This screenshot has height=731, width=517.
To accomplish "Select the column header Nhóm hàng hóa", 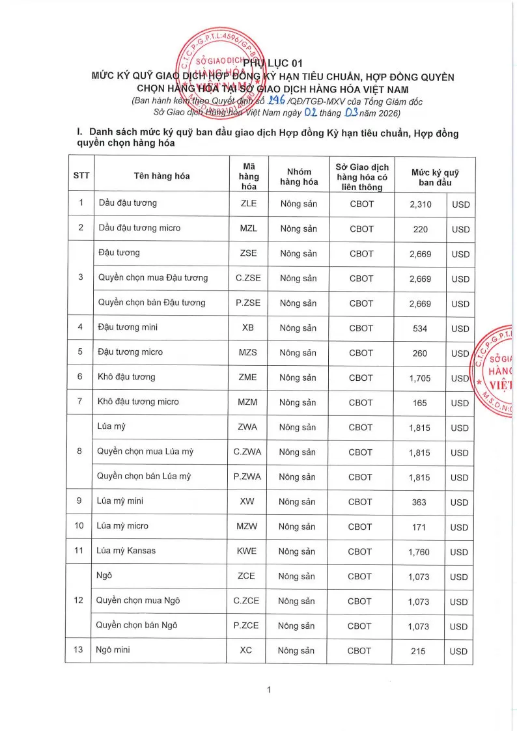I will [299, 176].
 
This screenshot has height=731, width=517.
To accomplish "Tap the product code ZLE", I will [249, 204].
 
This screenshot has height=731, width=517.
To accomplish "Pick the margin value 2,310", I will [421, 204].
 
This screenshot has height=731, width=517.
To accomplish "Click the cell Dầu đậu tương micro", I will [139, 228].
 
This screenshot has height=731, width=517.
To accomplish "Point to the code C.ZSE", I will [248, 278].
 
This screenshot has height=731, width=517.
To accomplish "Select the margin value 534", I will [420, 329].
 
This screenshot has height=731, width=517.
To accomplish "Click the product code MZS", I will [248, 353].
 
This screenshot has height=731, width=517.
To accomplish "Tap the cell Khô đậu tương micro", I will [138, 402].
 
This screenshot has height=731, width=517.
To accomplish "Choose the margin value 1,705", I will [420, 378].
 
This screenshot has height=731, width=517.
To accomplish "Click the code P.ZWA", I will [247, 476].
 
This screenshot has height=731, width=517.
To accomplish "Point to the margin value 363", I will [420, 503].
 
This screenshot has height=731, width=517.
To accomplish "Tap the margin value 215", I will [419, 651].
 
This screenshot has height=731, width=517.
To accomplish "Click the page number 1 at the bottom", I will [268, 691].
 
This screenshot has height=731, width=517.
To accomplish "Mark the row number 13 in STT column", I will [81, 650].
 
